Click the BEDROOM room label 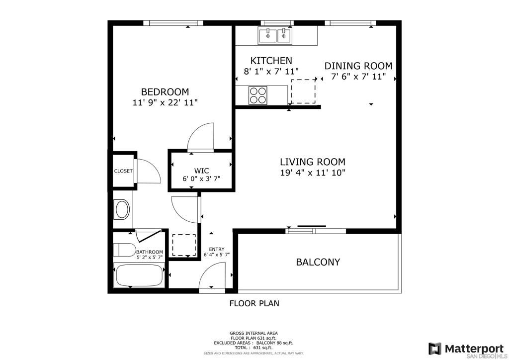(165, 92)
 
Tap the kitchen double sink (275, 35)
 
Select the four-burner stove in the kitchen (258, 95)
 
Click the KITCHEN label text (271, 61)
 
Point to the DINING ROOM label (358, 66)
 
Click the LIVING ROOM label (313, 162)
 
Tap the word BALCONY (318, 262)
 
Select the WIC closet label (202, 171)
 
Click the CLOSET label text (123, 171)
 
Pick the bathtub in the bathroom (139, 275)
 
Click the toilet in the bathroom (124, 250)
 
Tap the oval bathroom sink (122, 210)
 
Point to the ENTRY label (217, 249)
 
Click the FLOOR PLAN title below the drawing (254, 303)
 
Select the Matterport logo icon (434, 349)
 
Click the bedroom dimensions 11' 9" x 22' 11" (165, 103)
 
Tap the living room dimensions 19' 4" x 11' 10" (313, 173)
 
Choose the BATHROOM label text (149, 252)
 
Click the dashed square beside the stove (303, 91)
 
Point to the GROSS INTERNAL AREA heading (254, 333)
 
